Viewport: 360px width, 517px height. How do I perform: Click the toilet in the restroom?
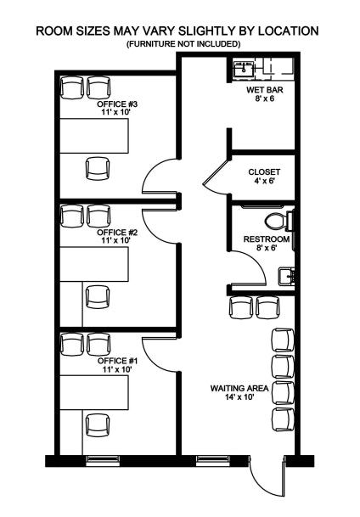click(279, 222)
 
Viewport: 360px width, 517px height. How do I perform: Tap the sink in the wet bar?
click(244, 70)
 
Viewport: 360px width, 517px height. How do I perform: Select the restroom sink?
click(286, 276)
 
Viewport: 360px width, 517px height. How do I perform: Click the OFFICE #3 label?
click(117, 104)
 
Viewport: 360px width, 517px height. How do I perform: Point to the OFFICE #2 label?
click(117, 233)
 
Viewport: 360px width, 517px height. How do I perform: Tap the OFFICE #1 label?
click(117, 361)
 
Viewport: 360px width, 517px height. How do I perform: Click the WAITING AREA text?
click(239, 389)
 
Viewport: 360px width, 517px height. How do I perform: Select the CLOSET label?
click(264, 171)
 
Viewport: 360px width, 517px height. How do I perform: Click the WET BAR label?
click(265, 90)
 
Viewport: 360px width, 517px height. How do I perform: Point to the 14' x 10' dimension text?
click(239, 397)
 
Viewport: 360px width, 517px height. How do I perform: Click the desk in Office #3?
click(94, 136)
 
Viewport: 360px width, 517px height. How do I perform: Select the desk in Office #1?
click(94, 392)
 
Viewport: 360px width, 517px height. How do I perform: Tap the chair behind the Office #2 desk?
click(98, 297)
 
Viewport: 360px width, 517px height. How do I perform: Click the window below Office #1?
click(103, 461)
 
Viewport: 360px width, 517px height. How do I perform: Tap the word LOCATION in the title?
click(288, 31)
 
